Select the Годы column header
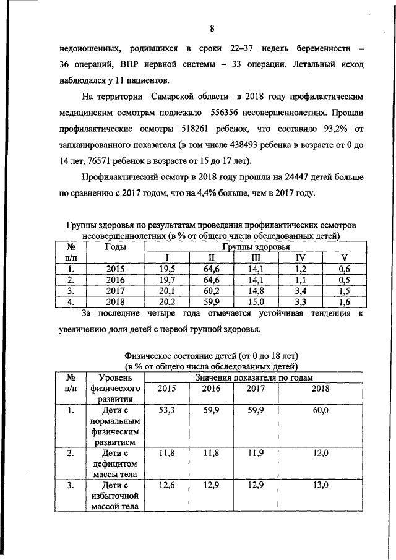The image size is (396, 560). (x=116, y=247)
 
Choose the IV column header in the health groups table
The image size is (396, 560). (x=300, y=258)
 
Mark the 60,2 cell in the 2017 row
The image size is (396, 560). (x=210, y=291)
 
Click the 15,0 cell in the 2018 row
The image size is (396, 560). (x=256, y=303)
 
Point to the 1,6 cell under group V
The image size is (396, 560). (x=345, y=303)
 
